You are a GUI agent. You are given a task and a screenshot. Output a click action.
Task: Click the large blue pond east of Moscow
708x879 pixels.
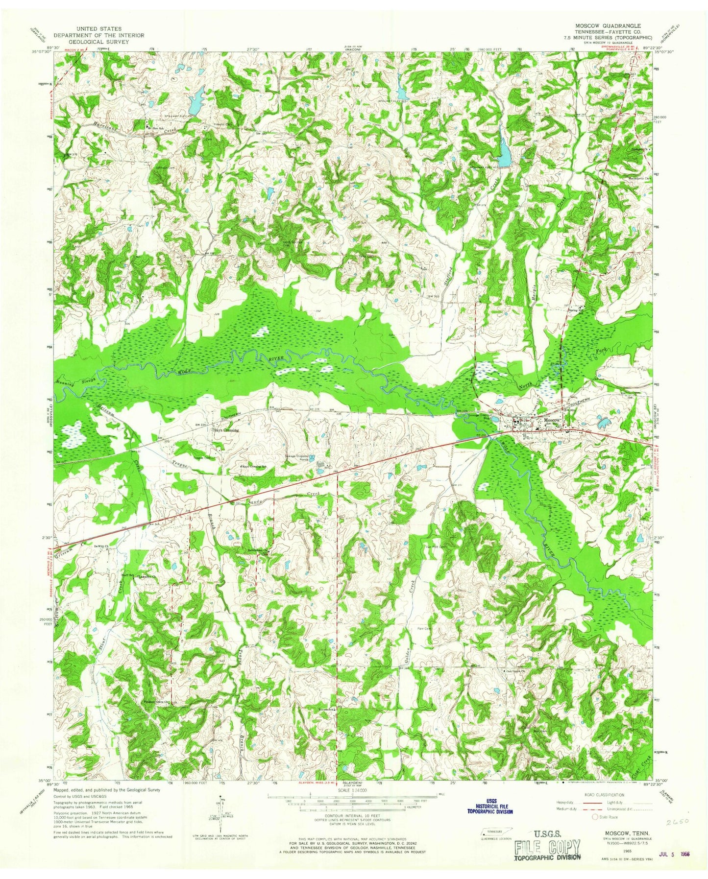(602, 421)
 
